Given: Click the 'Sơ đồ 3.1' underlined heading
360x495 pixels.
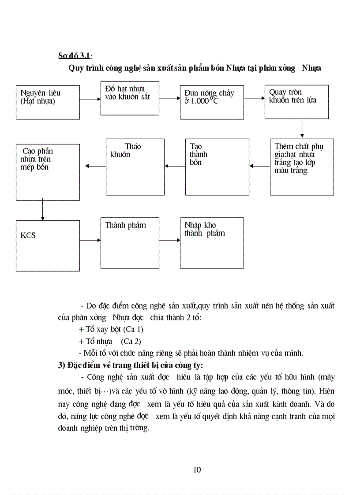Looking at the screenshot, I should (74, 56).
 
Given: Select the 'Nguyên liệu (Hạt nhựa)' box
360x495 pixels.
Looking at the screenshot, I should (48, 102).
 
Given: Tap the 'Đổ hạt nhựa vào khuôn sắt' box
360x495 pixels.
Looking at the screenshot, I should (130, 98).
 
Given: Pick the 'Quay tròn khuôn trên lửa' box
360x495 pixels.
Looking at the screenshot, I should (296, 101).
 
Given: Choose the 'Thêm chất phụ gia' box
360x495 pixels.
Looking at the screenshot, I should (302, 167).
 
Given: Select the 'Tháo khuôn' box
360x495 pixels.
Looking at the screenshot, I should (135, 167).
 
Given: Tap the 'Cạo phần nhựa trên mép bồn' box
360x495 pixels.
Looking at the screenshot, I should (48, 172).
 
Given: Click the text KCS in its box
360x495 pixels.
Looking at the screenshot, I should (28, 235).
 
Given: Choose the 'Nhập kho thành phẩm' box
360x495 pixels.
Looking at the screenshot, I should (212, 242).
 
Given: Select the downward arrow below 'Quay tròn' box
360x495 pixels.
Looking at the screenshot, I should (302, 128).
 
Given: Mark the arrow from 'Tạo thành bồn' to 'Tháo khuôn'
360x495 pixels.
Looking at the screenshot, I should (175, 166).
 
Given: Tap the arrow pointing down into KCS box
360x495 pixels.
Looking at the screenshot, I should (42, 210).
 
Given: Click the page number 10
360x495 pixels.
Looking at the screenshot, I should (197, 469).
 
